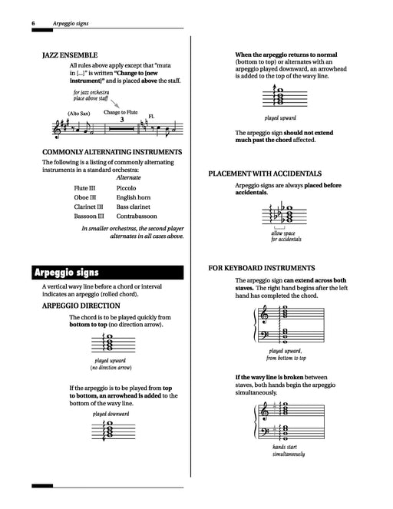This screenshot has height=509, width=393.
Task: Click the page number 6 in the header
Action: point(34,25)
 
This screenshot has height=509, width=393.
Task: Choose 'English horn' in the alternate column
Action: point(134,197)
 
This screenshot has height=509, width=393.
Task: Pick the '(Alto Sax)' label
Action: point(78,114)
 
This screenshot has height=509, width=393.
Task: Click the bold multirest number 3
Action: point(122,120)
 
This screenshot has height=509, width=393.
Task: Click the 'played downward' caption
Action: point(111,413)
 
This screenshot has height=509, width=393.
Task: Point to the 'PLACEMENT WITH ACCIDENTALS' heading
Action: point(265,174)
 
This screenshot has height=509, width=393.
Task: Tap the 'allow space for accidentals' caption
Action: point(286,234)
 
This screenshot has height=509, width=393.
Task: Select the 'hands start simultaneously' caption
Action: point(288,450)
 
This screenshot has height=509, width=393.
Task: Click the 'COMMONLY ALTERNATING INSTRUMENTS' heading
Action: point(112,151)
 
